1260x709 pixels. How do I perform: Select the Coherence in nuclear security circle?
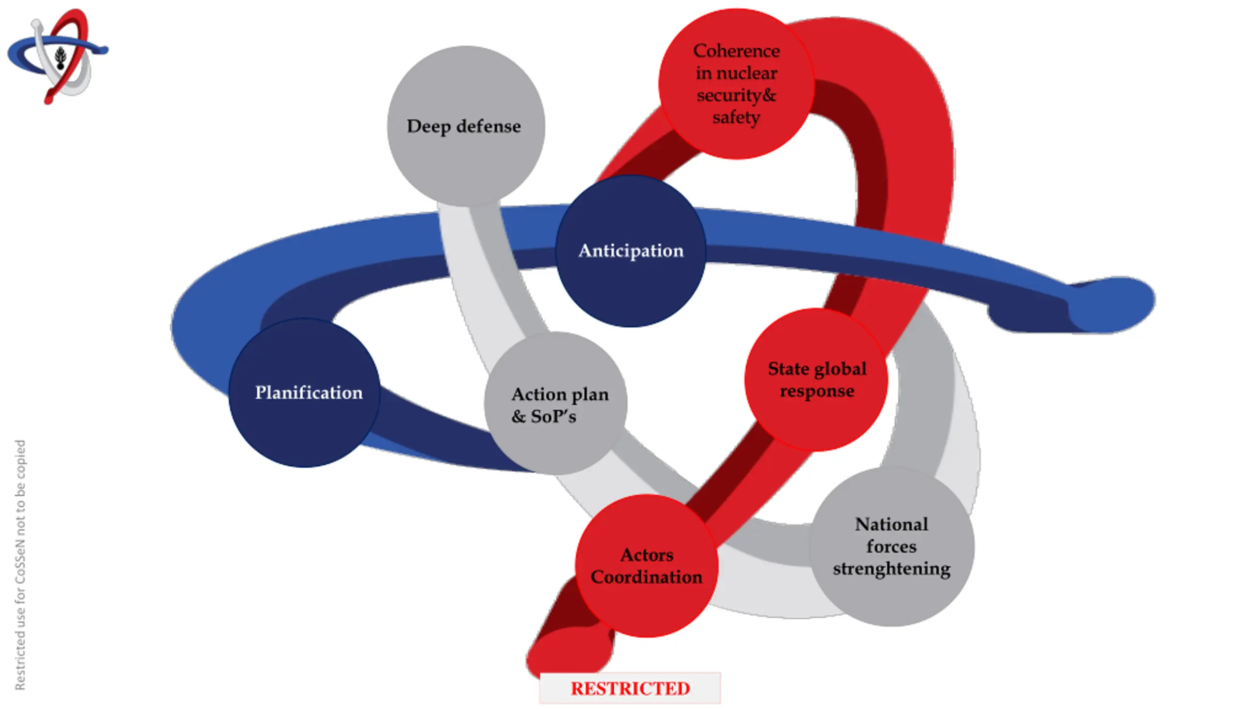click(736, 84)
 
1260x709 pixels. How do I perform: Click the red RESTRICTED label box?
click(630, 688)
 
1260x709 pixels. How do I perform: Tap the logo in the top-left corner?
click(58, 55)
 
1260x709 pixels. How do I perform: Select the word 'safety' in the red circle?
click(736, 118)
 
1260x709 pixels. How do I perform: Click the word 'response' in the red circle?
click(817, 391)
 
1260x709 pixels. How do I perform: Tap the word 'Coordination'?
click(647, 577)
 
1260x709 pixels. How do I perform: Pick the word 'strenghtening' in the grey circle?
click(891, 569)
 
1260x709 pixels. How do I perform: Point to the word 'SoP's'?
click(553, 417)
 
